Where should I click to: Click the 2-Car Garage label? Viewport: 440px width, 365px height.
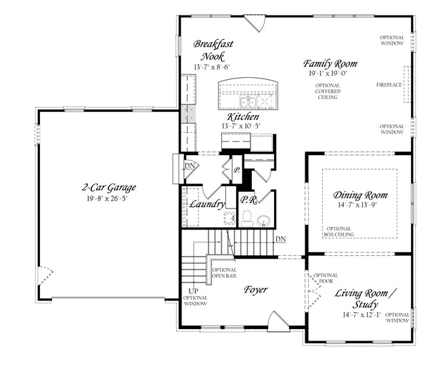coord(109,188)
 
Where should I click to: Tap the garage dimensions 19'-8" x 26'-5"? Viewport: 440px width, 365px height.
coord(107,198)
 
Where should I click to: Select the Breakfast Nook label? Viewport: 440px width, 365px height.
coord(213,50)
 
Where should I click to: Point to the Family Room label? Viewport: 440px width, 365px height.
coord(330,64)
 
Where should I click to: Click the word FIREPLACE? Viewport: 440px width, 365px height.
coord(389,85)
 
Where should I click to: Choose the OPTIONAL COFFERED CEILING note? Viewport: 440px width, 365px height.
coord(328,91)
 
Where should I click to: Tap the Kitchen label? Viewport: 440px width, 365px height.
coord(243,116)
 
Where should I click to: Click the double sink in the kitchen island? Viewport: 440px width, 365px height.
coord(248,101)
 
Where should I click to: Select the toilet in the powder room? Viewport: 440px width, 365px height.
coord(247,218)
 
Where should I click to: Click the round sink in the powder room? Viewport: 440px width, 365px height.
coord(263,221)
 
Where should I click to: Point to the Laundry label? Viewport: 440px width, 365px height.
coord(207,205)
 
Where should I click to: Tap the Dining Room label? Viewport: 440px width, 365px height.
coord(360,195)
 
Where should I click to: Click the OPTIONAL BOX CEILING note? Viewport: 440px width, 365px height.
coord(339,232)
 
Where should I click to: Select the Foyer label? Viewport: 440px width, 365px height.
coord(255,289)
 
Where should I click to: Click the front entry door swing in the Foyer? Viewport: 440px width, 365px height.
coord(278,321)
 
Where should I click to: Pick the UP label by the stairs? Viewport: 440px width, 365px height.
coord(194,291)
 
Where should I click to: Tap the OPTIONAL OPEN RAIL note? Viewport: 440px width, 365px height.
coord(224,273)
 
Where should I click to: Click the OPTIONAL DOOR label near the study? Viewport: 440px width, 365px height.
coord(326,278)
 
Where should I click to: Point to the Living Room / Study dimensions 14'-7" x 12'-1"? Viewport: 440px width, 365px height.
coord(361,315)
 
